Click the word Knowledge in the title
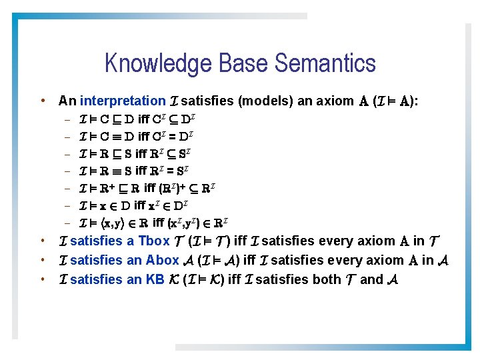152,64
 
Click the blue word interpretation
123,101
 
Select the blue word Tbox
154,241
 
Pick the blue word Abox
162,261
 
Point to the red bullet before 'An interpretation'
43,101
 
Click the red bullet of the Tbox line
43,241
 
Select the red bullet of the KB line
43,280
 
